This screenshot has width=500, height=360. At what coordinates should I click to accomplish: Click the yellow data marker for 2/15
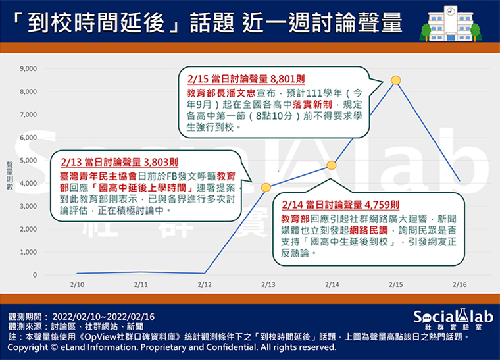coord(396,80)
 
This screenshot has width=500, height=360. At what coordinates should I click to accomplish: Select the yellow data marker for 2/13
coord(266,187)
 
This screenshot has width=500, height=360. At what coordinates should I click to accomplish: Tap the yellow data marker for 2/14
coord(332,165)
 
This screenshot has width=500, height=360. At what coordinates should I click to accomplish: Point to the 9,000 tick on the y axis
coord(28,69)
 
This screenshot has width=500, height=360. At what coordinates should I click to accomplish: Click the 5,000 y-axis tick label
coord(28,161)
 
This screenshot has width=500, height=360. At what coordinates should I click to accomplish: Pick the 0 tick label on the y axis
coord(35,275)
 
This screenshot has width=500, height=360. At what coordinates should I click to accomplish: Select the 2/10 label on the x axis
coord(77,284)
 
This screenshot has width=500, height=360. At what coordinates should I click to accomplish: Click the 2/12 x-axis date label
coord(205,284)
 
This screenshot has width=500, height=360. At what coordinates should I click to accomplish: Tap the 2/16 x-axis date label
coord(459,284)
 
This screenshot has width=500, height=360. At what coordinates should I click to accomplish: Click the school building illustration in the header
coord(451,24)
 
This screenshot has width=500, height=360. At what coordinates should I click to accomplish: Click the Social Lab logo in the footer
coord(453,320)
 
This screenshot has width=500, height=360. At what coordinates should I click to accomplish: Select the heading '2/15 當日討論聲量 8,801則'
coord(246,79)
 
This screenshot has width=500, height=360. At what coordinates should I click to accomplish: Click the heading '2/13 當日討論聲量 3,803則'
coord(119,162)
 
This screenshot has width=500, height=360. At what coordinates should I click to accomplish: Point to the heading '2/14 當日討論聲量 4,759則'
coord(341,205)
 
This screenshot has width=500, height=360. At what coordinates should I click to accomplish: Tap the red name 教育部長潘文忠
coord(221,93)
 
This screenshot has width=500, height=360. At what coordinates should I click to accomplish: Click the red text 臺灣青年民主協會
coord(99,176)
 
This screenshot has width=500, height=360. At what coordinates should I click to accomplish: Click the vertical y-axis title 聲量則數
coord(10,176)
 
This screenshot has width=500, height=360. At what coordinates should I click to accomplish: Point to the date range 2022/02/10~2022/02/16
coord(103,317)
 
